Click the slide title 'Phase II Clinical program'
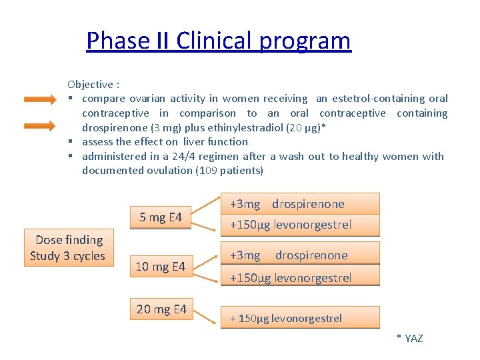pos(218,41)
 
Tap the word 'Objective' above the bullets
pos(90,84)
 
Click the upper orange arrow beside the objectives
pos(40,100)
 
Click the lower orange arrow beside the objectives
pos(40,125)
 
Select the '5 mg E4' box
pos(160,217)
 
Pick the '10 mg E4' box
pos(160,267)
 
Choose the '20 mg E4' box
pos(161,309)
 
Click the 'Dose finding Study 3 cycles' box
pos(68,248)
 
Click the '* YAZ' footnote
pos(409,339)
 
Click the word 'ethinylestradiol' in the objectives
pos(244,127)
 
